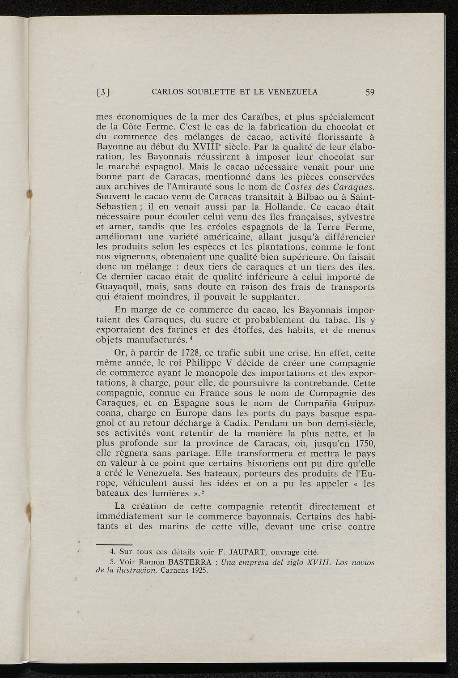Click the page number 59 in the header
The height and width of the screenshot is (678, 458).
click(369, 93)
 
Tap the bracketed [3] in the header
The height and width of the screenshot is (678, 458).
click(103, 93)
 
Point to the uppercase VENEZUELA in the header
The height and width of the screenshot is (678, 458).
click(293, 93)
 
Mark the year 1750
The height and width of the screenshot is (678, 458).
click(363, 443)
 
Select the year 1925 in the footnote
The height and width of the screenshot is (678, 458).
click(199, 571)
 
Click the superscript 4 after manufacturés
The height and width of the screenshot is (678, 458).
click(191, 337)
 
